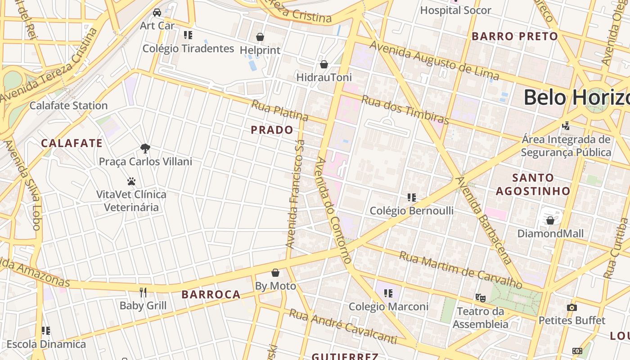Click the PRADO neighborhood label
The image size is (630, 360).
click(x=272, y=130)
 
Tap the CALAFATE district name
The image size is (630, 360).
click(x=72, y=144)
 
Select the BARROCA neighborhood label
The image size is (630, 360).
click(x=211, y=295)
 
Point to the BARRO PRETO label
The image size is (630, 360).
click(x=514, y=36)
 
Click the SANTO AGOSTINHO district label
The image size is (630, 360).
click(x=533, y=184)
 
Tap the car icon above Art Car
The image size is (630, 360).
click(x=157, y=13)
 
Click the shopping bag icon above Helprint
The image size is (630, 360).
click(x=260, y=37)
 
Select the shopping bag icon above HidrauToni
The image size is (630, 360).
click(x=324, y=64)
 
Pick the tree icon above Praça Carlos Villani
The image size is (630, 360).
click(x=145, y=148)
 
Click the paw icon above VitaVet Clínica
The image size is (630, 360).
click(x=131, y=181)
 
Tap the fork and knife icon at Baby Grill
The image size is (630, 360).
click(x=143, y=292)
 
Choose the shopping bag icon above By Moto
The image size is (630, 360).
click(x=275, y=273)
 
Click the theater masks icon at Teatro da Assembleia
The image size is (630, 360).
click(x=481, y=297)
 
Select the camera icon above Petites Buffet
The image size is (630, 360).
click(x=572, y=307)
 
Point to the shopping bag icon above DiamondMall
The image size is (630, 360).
click(x=550, y=220)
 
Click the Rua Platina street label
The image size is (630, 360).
click(x=279, y=111)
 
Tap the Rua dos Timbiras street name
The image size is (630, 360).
click(x=405, y=110)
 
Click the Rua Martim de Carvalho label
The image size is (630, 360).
click(x=460, y=270)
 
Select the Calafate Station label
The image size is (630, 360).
click(x=68, y=106)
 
